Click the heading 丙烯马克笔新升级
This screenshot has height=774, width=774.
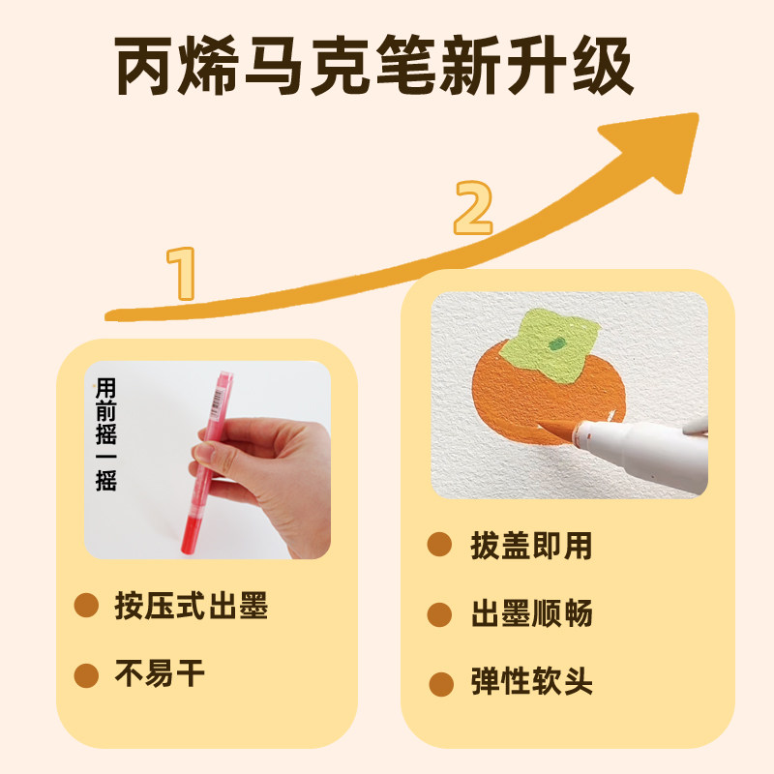click(x=373, y=65)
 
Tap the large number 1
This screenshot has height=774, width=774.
click(x=181, y=274)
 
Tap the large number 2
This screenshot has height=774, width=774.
click(x=473, y=208)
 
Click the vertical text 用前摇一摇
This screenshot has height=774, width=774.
click(x=106, y=434)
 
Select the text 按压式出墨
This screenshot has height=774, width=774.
click(x=192, y=606)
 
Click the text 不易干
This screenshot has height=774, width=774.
click(x=160, y=673)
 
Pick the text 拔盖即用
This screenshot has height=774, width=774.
click(x=531, y=546)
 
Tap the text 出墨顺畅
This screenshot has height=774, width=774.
click(x=531, y=613)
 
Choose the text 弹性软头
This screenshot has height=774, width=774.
click(x=531, y=682)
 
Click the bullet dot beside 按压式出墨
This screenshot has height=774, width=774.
click(x=86, y=606)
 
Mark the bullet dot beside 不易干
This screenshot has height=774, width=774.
click(x=86, y=675)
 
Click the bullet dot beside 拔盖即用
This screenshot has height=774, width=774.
click(x=439, y=545)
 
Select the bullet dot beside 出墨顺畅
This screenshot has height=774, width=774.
click(x=439, y=614)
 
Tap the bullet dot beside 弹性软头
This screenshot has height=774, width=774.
click(x=441, y=684)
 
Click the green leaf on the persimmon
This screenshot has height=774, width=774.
click(x=551, y=344)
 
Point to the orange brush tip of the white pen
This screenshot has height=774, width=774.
click(x=558, y=430)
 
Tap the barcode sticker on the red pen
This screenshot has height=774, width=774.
click(x=217, y=401)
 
